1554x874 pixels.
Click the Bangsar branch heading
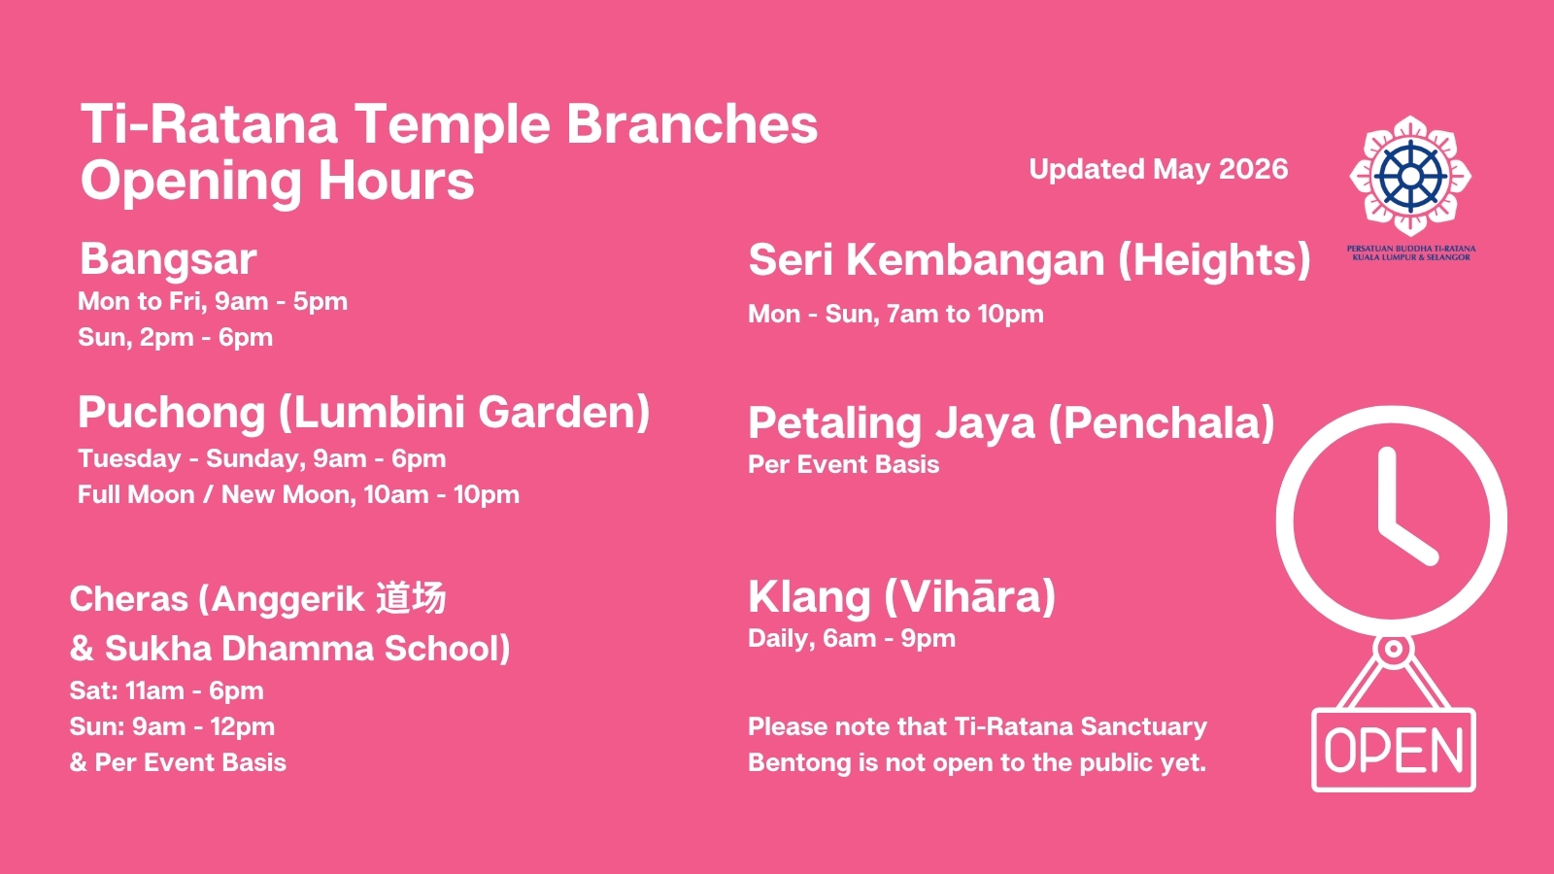[169, 260]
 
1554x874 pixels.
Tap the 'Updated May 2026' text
[1159, 169]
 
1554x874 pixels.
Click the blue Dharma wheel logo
[1410, 176]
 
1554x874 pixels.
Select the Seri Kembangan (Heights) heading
[1030, 260]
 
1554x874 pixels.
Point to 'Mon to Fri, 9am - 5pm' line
[213, 302]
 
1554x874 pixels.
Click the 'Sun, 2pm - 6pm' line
[175, 338]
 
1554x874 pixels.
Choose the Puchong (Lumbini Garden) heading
[364, 413]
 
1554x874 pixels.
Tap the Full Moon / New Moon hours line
[298, 494]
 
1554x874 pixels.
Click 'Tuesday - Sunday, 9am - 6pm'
[261, 459]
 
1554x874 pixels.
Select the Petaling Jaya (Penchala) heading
[1011, 423]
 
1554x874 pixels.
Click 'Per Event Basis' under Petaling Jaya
[844, 465]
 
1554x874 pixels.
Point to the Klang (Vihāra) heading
[902, 597]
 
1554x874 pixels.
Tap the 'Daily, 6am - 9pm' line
[852, 639]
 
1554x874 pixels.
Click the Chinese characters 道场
[411, 598]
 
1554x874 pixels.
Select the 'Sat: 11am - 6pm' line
[166, 690]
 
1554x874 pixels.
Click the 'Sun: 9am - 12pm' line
[172, 727]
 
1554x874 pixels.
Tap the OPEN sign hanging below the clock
[1394, 751]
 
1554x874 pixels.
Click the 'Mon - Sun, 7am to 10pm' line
[895, 315]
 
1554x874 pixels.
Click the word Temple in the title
[454, 125]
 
